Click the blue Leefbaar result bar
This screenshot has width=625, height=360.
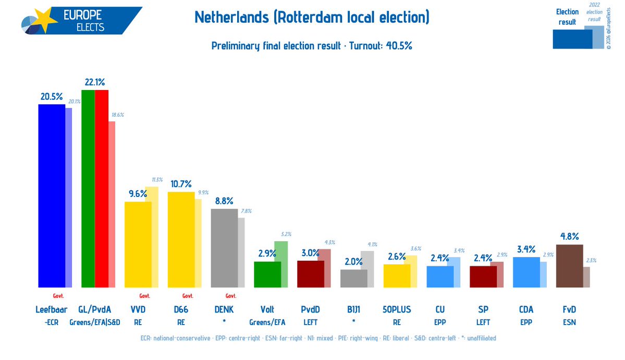(x=52, y=195)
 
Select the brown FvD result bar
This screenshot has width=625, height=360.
(x=569, y=266)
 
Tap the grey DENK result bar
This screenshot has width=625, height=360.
(x=224, y=248)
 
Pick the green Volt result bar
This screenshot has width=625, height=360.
(x=267, y=274)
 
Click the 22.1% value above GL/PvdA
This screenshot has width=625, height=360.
(x=95, y=82)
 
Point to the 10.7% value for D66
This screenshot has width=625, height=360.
(x=181, y=184)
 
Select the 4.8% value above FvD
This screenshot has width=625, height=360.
(x=569, y=237)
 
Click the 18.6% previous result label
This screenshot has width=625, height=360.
(x=117, y=115)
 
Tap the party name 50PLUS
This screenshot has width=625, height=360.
(x=397, y=309)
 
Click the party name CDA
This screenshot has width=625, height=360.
(x=526, y=309)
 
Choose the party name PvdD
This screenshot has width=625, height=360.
(x=311, y=309)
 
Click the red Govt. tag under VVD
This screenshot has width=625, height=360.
(x=144, y=295)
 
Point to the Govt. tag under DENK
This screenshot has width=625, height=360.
(x=231, y=295)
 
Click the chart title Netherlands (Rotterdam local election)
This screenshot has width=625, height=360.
(x=312, y=18)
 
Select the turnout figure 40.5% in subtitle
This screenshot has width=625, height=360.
(x=399, y=46)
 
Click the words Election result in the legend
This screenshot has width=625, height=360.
(x=567, y=17)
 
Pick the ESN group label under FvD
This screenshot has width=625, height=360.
(x=569, y=322)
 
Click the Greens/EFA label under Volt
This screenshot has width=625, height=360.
(x=267, y=322)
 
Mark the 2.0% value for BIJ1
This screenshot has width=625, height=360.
(x=353, y=262)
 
